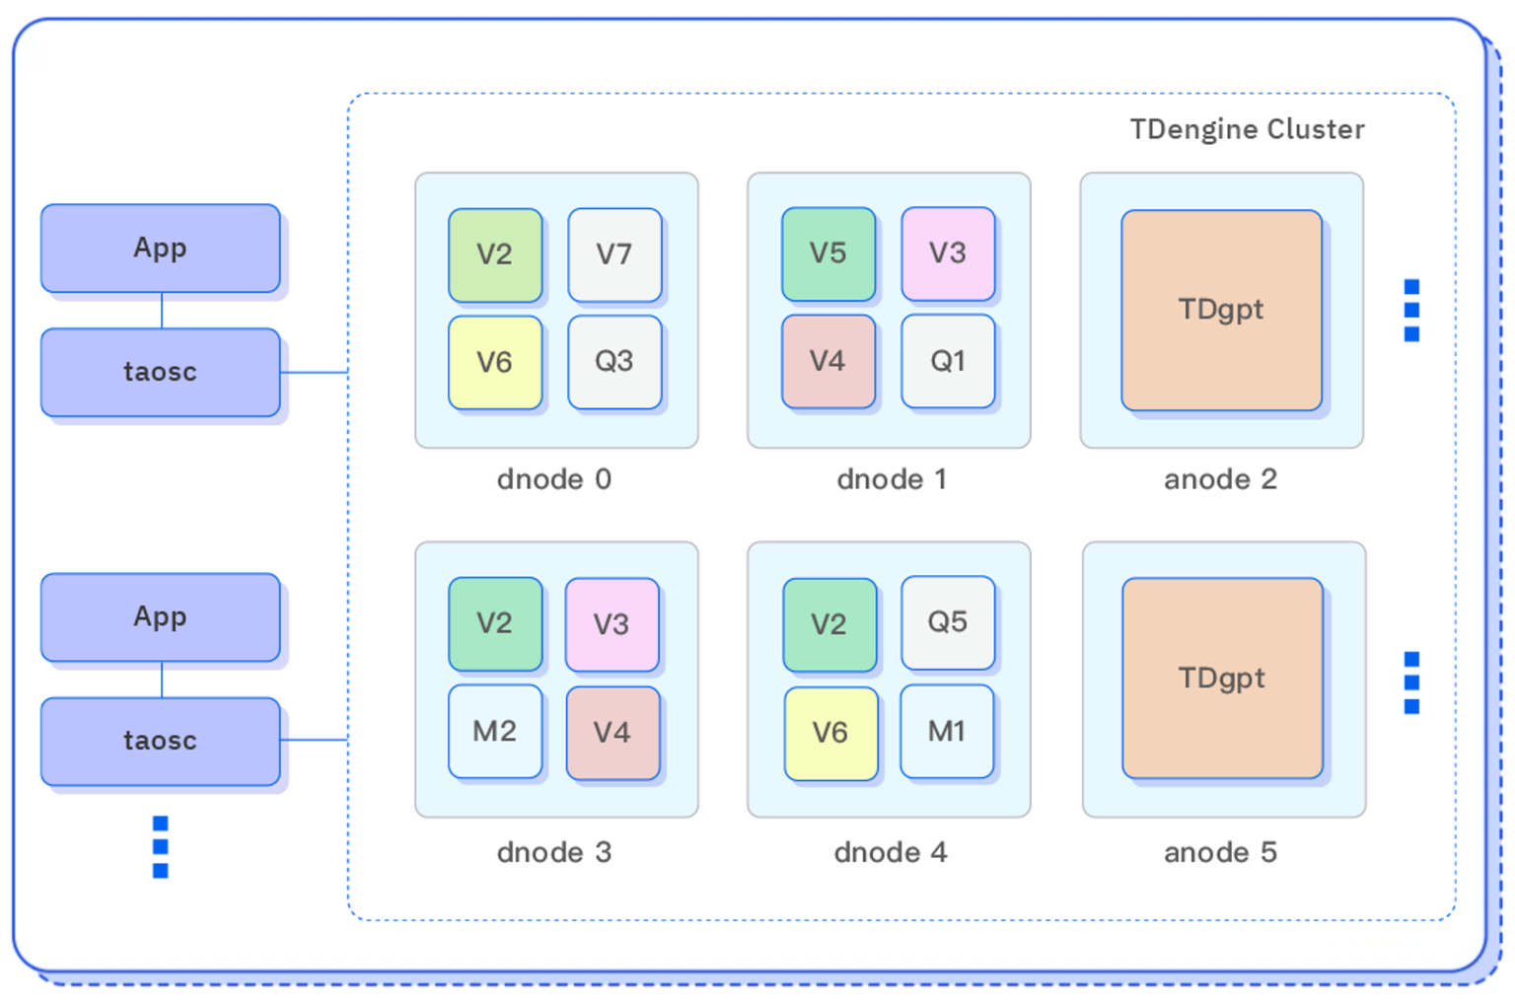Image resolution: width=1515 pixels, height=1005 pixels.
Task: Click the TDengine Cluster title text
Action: coord(1247,129)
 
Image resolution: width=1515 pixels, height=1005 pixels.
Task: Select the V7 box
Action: coord(614,254)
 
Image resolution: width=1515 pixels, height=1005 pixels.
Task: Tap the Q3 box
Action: coord(614,362)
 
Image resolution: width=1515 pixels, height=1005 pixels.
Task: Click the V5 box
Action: coord(829,253)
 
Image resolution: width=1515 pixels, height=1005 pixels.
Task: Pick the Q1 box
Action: coord(948,361)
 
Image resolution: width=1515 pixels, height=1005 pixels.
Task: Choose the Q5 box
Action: coord(948,622)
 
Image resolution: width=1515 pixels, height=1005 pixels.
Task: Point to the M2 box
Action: coord(495,731)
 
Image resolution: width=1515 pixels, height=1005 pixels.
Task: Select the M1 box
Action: coord(947,731)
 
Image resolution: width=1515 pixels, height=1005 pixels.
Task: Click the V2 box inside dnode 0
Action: coord(495,254)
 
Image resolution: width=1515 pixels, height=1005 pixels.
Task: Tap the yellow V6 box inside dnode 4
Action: coord(830,733)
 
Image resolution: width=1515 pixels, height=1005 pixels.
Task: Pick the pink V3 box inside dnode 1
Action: coord(948,253)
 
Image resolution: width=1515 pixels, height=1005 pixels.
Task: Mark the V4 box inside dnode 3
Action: coord(613,733)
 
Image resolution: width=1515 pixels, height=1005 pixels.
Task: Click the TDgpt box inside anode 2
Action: coord(1221,310)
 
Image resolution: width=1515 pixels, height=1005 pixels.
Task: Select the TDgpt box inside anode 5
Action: coord(1222,678)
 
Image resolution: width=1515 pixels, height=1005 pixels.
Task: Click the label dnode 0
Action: coord(554,479)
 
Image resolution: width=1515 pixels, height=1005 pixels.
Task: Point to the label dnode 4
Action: coord(891,852)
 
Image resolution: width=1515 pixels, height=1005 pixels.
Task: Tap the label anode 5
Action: coord(1220,852)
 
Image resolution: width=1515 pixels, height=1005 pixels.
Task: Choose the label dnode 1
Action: coord(891,479)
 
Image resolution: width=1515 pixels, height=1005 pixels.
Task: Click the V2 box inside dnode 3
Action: coord(495,623)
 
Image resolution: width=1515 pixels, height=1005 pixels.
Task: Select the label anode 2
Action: coord(1220,479)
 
